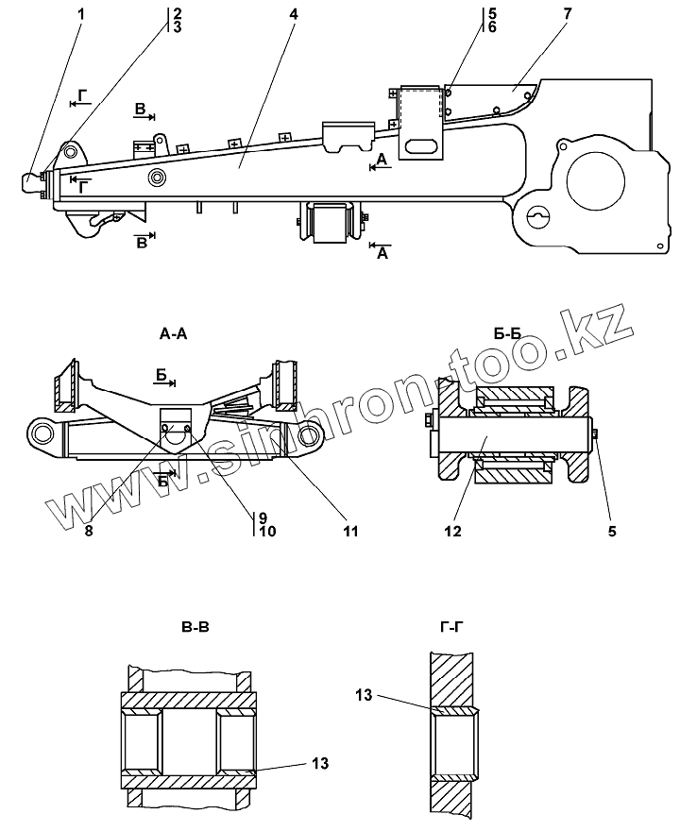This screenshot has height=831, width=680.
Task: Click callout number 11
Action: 350,532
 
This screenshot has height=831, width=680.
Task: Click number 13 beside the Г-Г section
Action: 365,696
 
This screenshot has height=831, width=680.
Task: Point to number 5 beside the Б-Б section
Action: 611,532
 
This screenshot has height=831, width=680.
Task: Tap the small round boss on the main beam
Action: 156,178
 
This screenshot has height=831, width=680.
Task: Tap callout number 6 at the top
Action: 491,26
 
